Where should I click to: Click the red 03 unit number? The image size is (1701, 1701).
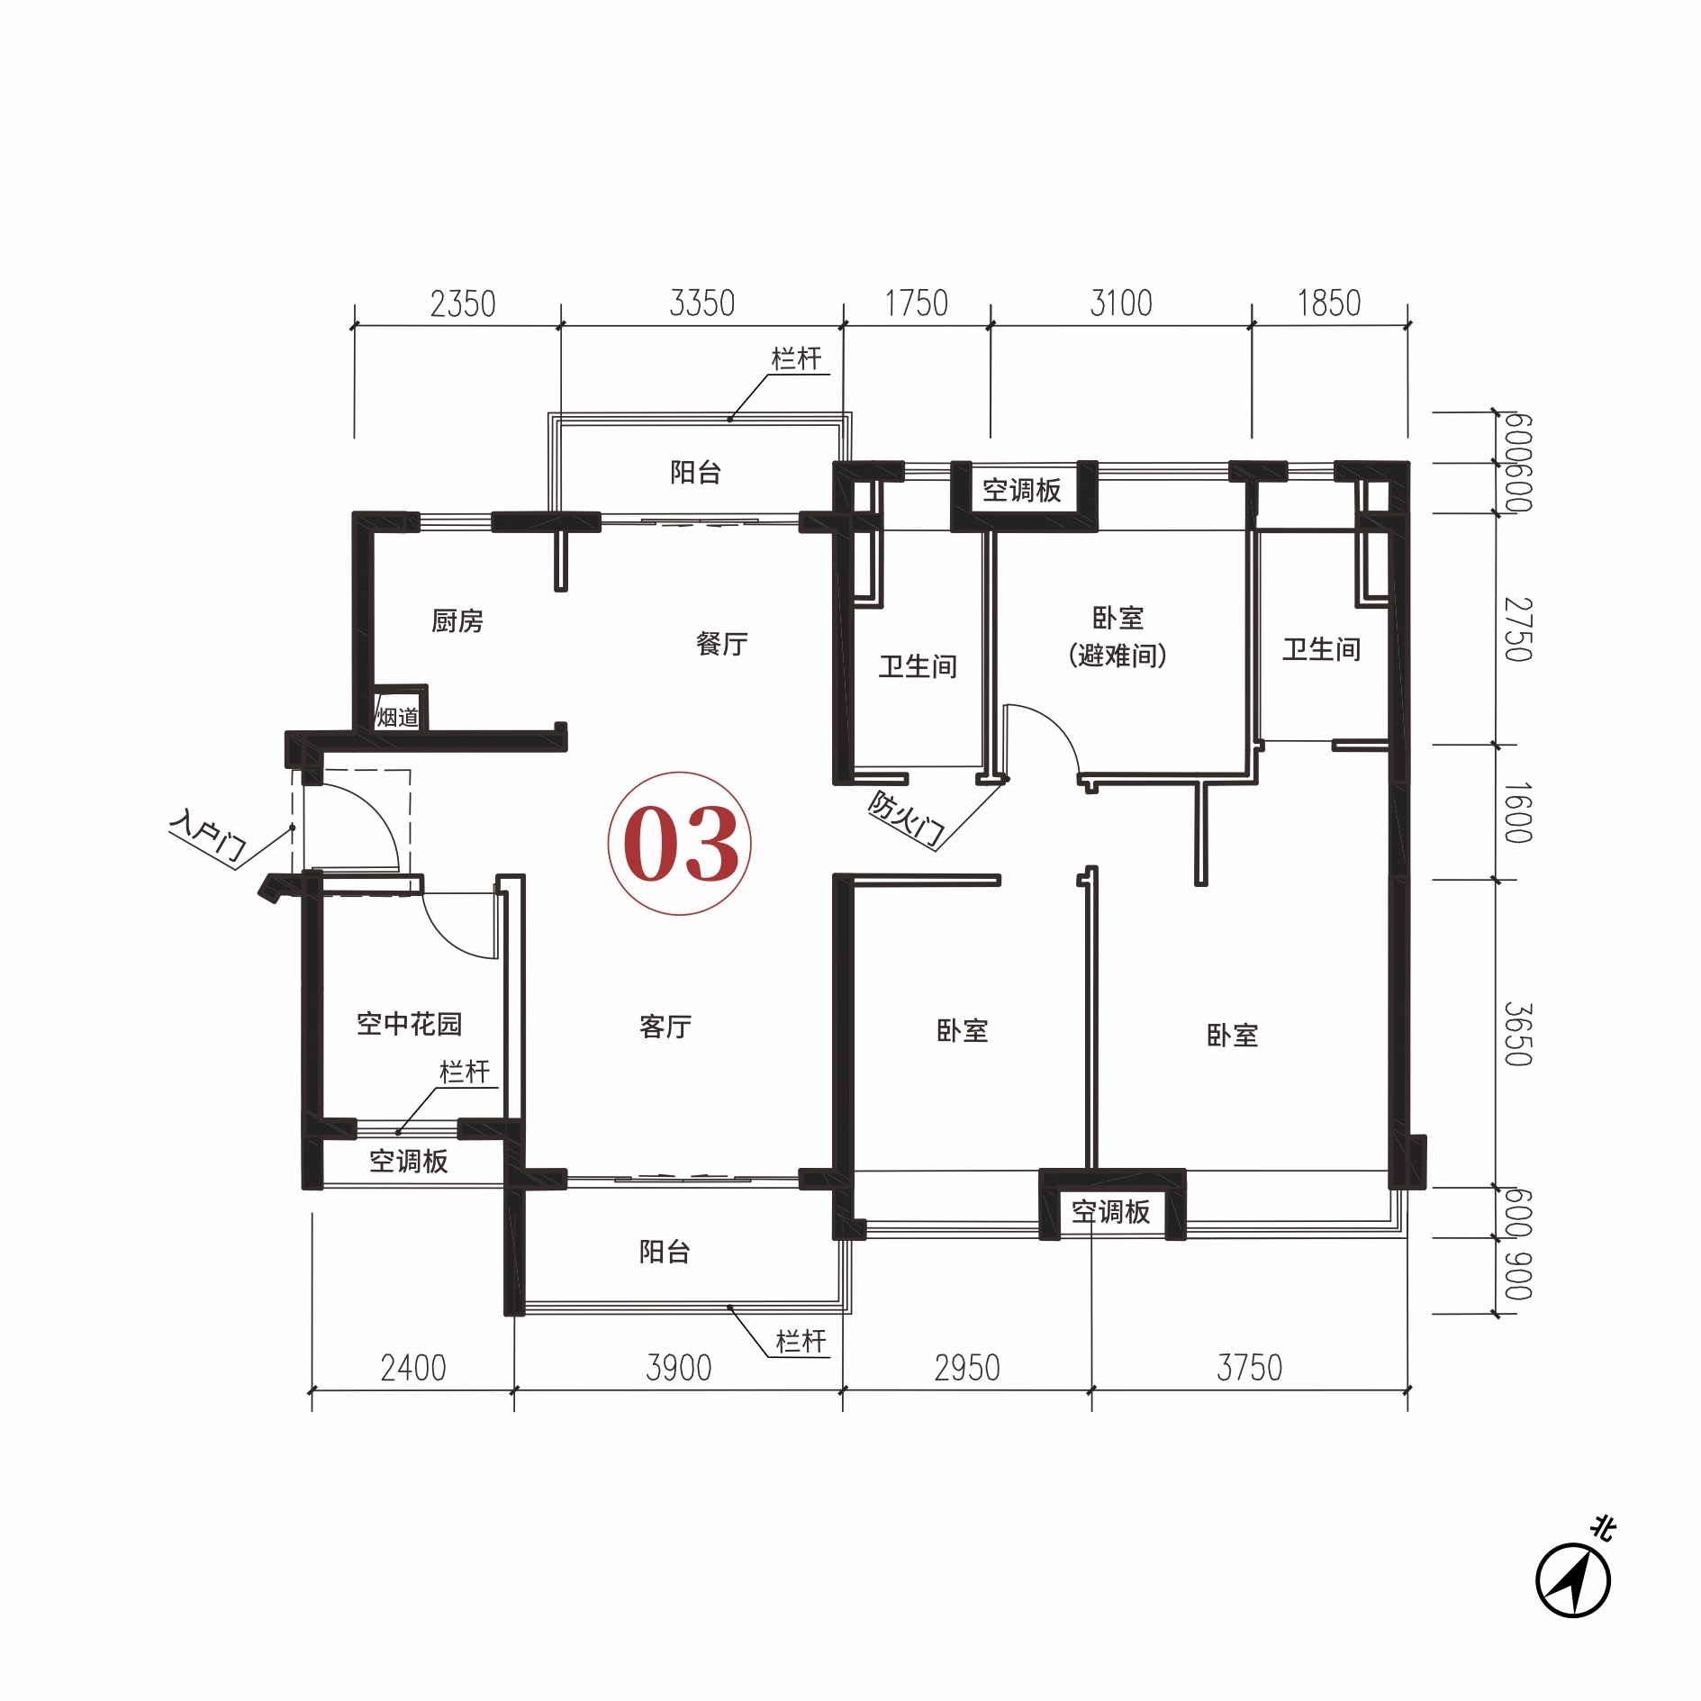[x=681, y=844]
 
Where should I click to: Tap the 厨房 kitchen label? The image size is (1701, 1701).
[x=457, y=620]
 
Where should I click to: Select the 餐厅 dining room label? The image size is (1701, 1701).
[x=722, y=643]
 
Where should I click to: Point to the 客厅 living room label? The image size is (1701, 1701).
[x=665, y=1026]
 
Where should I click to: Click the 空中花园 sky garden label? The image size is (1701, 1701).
[x=410, y=1023]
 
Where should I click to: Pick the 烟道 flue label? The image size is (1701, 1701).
[x=398, y=717]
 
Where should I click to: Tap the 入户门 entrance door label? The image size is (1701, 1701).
[x=208, y=837]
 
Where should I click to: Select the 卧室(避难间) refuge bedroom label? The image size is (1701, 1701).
[x=1117, y=637]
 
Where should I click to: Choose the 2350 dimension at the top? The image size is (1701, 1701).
[x=463, y=304]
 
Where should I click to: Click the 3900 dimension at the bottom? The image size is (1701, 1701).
[x=679, y=1368]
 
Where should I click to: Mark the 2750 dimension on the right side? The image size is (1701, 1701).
[x=1518, y=629]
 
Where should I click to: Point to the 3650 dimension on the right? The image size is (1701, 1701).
[x=1518, y=1034]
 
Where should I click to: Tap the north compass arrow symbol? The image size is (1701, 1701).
[x=1573, y=1581]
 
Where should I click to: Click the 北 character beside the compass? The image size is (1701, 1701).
[x=1603, y=1528]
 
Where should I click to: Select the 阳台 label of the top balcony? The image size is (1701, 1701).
[x=696, y=472]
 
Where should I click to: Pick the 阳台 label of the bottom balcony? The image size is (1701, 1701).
[x=665, y=1251]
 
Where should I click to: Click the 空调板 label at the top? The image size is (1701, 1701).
[x=1022, y=490]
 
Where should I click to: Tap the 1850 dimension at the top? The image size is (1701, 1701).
[x=1329, y=303]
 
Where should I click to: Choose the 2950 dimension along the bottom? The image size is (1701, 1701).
[x=967, y=1368]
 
